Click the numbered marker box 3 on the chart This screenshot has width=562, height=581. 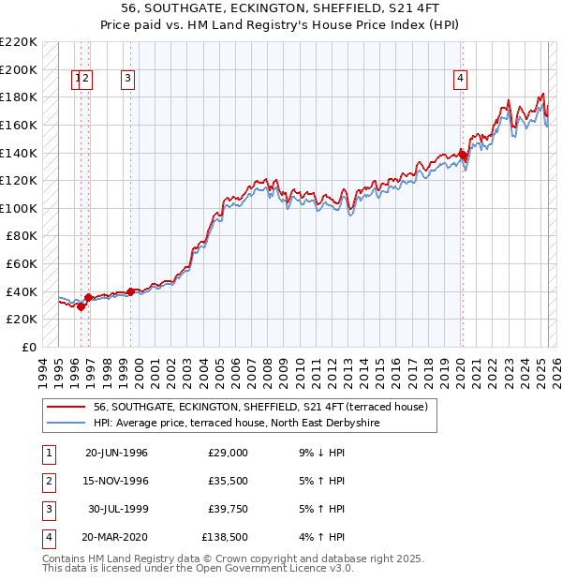127,80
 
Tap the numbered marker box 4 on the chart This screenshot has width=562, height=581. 461,80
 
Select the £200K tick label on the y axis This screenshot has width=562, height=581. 20,69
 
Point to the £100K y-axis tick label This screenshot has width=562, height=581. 20,208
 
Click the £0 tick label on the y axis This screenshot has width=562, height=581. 29,347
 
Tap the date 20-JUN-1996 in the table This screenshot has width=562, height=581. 116,453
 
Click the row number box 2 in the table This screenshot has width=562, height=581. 46,481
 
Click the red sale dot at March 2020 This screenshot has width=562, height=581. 463,156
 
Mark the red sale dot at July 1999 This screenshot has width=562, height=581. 130,291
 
